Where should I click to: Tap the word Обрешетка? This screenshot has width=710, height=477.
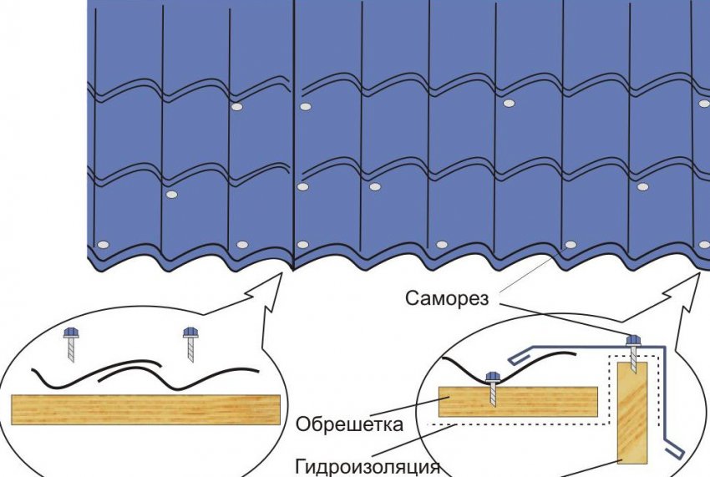pos(349,424)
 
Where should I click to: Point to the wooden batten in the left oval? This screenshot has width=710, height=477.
pos(145,410)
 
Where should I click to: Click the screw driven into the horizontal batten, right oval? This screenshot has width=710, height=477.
pos(493,386)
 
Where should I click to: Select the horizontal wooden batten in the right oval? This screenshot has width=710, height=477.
pos(518,402)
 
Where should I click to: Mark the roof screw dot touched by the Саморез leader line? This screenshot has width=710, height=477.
pos(571,245)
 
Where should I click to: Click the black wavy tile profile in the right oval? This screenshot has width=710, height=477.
pos(464,368)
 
